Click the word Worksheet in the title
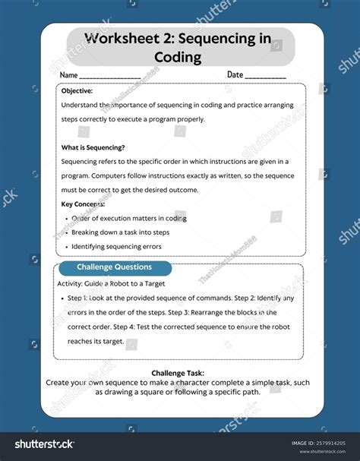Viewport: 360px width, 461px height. coord(116,39)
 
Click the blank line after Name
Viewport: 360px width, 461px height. coord(109,76)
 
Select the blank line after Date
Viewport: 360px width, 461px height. coord(265,76)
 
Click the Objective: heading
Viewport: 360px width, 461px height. coord(77,90)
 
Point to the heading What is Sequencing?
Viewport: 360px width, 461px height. coord(93,147)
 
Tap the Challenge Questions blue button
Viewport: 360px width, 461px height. coord(114,267)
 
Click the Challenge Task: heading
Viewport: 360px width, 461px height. coord(179,374)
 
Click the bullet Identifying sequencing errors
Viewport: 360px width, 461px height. coord(115,247)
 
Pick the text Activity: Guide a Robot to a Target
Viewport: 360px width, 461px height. coord(111,283)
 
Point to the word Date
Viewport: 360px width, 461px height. coord(235,75)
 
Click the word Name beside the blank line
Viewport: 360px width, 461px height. coord(68,75)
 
